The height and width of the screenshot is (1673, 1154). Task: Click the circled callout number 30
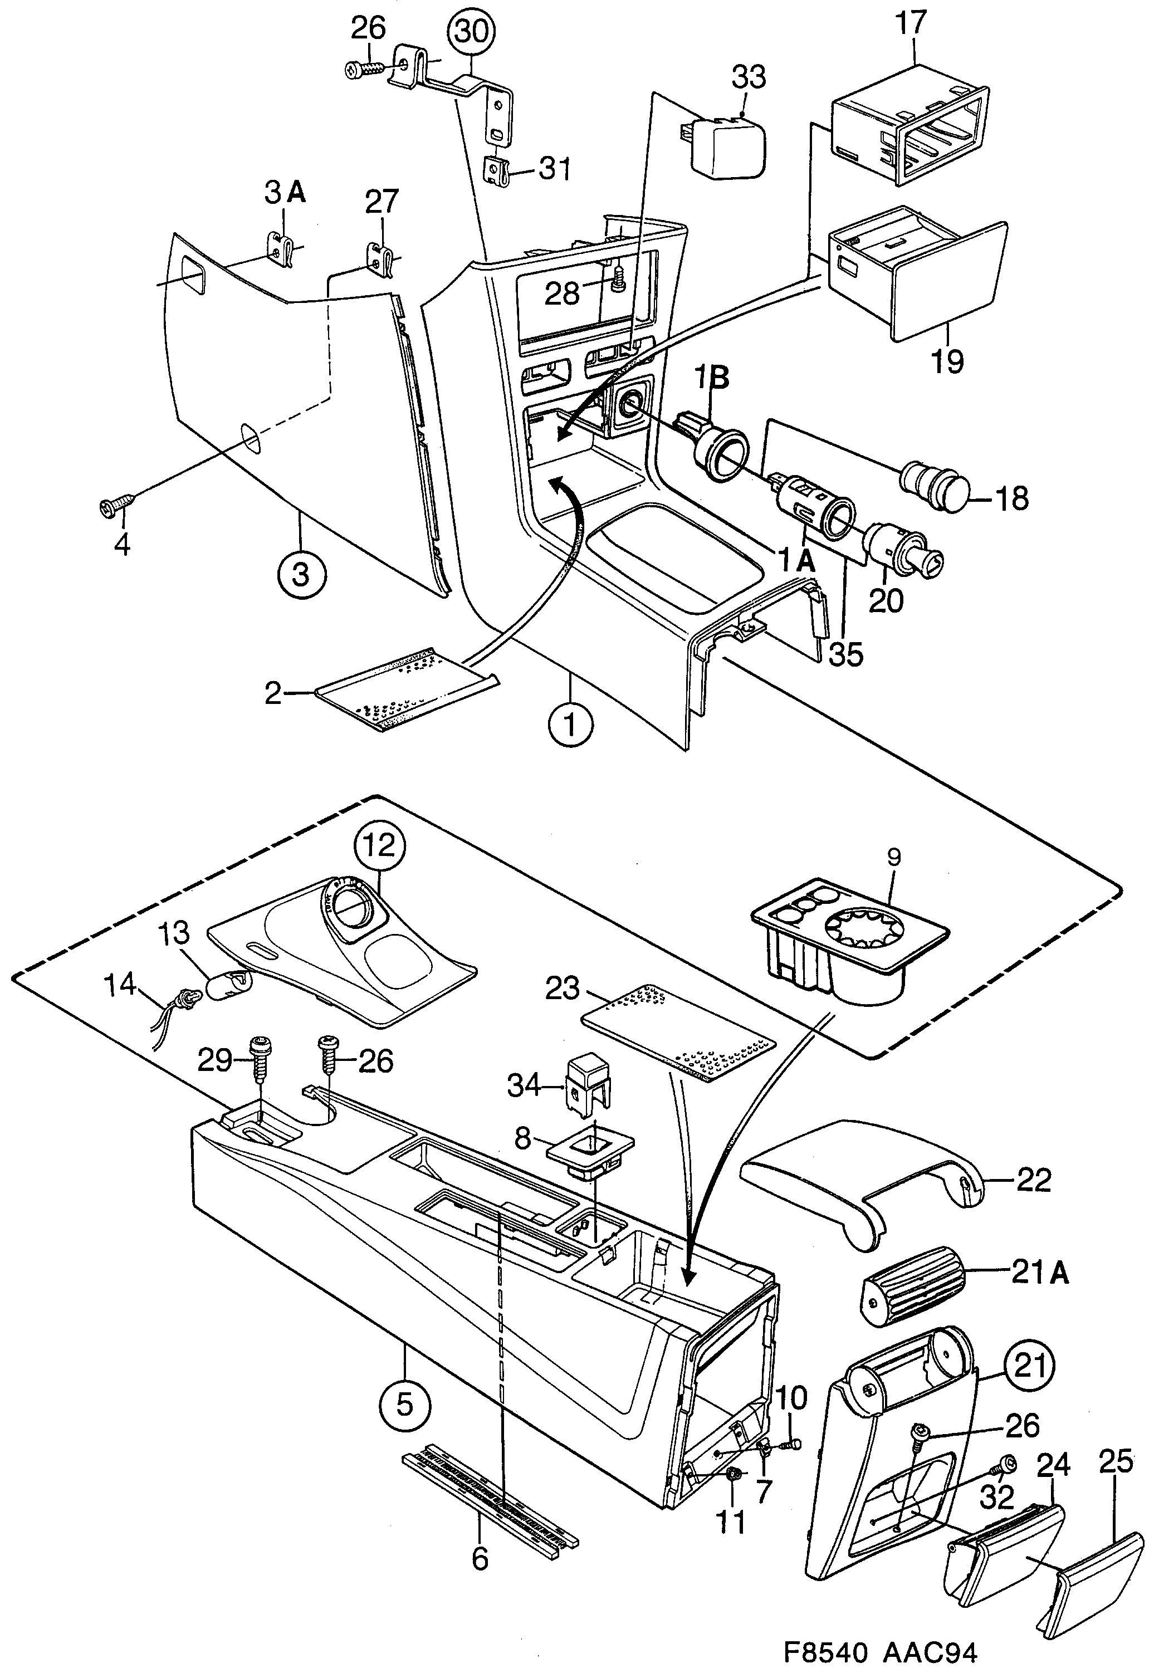(x=471, y=32)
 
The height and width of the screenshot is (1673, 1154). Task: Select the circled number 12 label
(x=380, y=844)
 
